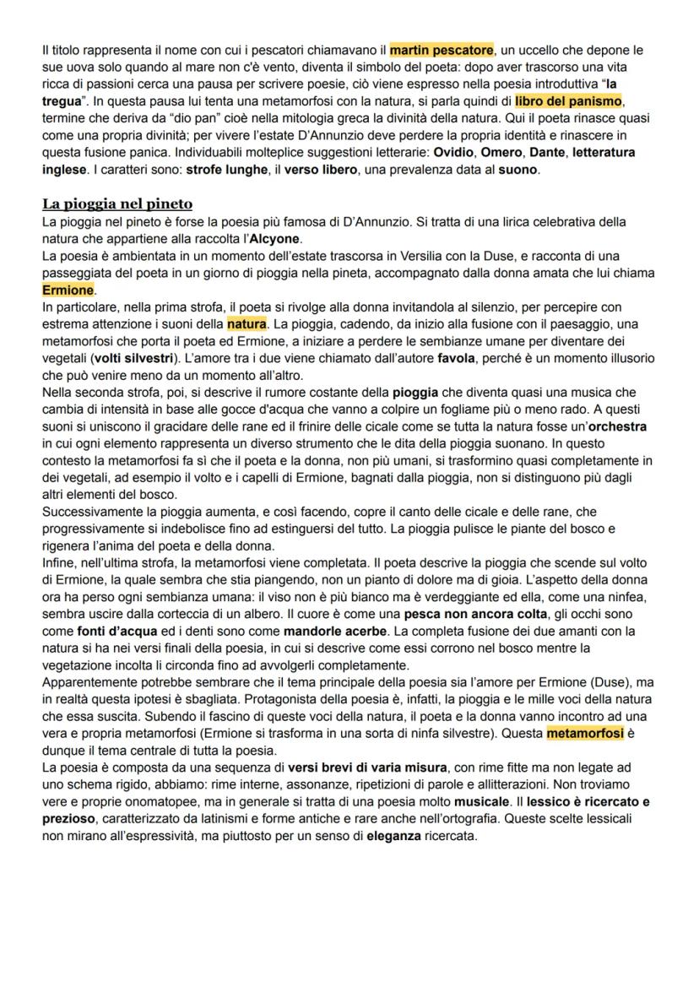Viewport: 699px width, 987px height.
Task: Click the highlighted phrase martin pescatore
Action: click(441, 51)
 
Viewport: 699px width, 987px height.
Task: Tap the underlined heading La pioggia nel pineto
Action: click(117, 203)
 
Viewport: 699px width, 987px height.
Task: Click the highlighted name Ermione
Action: click(68, 290)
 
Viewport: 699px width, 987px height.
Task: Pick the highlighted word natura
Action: click(247, 324)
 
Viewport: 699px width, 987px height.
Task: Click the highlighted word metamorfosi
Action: click(585, 733)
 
